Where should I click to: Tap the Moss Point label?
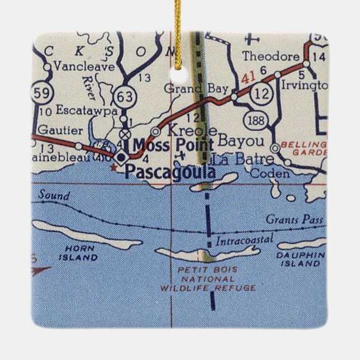[173, 145]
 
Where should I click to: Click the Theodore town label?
[271, 56]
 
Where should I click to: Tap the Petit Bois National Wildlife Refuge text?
[207, 278]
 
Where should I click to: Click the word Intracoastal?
[244, 240]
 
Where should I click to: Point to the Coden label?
[269, 174]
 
